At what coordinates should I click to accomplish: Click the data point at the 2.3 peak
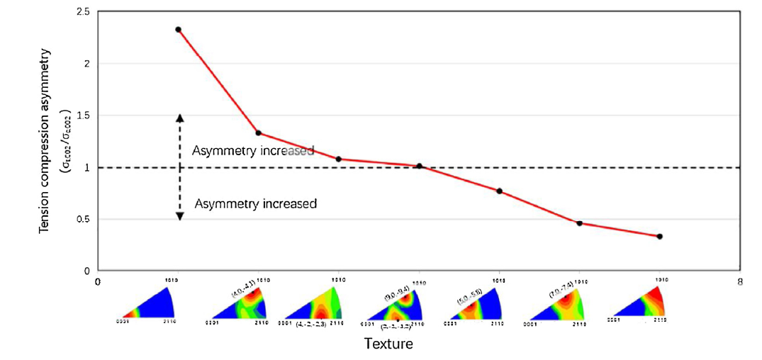(178, 30)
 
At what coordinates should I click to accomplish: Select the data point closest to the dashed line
(420, 166)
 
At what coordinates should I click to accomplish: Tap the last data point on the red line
(660, 236)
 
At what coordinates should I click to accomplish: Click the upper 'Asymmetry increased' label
(252, 151)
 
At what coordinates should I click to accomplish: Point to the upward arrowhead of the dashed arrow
(179, 118)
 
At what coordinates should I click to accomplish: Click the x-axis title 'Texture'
(388, 344)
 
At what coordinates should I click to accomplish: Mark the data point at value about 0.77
(500, 191)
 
